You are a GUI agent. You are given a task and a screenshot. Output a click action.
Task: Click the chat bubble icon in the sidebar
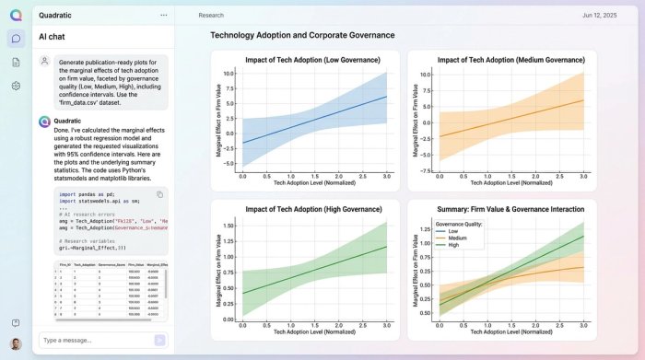[16, 39]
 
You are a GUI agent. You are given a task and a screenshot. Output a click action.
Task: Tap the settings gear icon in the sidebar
[16, 86]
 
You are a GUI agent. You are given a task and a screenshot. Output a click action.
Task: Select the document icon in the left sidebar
[16, 63]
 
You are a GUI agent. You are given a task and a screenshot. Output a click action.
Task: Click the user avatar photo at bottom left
[16, 343]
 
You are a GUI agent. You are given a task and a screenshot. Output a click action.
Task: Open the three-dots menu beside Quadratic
[163, 16]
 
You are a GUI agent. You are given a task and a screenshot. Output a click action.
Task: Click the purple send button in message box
[159, 340]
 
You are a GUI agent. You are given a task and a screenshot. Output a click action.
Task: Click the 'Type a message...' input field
[92, 340]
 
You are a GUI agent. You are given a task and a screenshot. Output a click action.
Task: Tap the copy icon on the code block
[159, 194]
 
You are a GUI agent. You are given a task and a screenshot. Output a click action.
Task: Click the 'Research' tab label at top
[211, 16]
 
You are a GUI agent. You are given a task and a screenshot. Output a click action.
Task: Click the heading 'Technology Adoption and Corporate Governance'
[302, 35]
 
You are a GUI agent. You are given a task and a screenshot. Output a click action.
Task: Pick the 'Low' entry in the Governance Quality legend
[452, 230]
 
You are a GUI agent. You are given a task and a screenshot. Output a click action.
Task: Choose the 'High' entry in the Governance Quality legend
[453, 245]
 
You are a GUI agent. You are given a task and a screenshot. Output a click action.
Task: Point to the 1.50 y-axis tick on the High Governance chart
[230, 225]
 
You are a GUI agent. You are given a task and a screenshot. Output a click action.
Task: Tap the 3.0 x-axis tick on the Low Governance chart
[386, 176]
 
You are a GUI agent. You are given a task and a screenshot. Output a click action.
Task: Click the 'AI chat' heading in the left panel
[52, 37]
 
